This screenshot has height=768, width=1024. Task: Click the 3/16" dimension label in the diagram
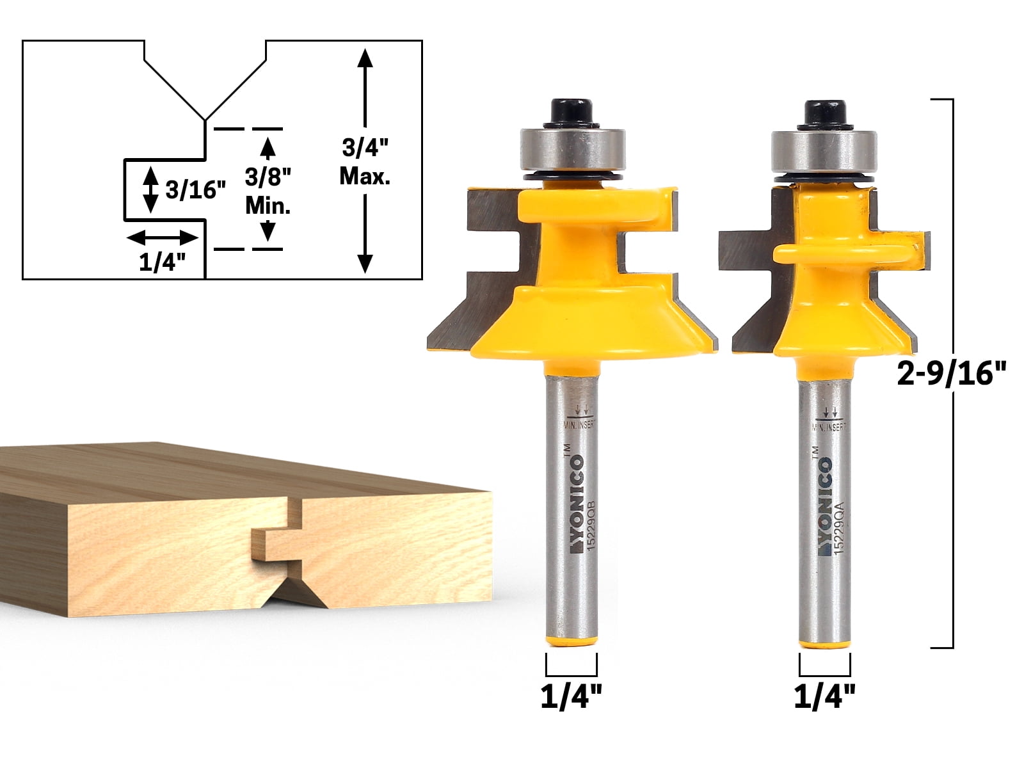pos(195,189)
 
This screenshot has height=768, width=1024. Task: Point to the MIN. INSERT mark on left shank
pos(579,423)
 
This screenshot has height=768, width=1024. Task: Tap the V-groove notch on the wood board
pos(291,592)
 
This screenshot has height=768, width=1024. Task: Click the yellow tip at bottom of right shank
pos(824,643)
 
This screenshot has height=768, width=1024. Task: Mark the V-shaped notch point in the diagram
pos(205,119)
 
